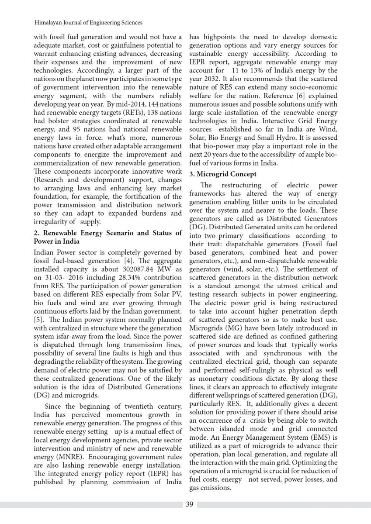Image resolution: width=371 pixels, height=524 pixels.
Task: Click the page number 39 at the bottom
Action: tap(189, 505)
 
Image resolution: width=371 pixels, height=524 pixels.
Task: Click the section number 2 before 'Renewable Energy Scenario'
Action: tap(36, 233)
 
